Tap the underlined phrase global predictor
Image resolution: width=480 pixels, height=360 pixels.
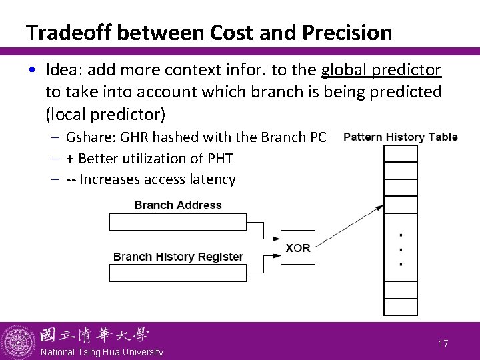click(x=381, y=71)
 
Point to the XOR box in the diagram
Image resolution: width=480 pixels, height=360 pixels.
click(x=297, y=247)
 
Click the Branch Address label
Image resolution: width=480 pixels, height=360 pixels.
click(x=178, y=205)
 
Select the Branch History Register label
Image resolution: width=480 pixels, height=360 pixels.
click(x=178, y=257)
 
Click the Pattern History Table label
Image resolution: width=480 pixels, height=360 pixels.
click(x=401, y=137)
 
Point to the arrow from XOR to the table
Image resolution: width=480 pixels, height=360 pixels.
click(x=347, y=223)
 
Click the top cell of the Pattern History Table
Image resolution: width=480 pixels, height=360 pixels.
click(x=400, y=153)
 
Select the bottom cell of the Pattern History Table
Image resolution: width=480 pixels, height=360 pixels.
click(x=400, y=307)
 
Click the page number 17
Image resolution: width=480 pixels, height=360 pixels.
click(x=443, y=343)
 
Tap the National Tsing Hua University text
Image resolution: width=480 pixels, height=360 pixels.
click(x=101, y=351)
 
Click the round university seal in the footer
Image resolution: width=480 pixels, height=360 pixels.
click(x=17, y=341)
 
